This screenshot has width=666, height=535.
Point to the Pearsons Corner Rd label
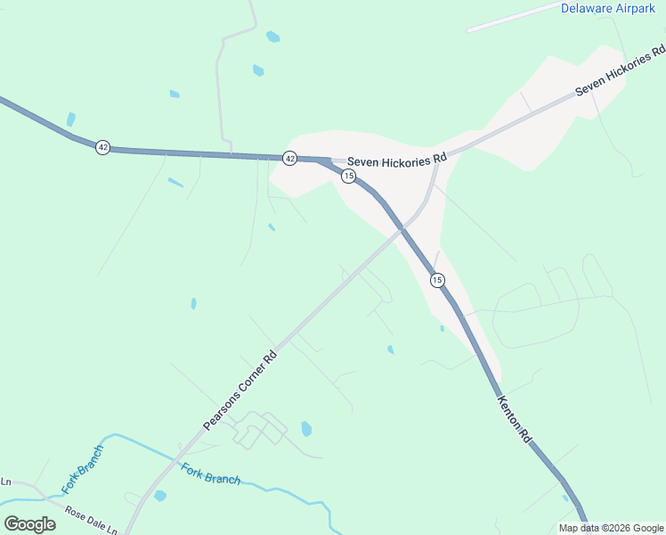(240, 391)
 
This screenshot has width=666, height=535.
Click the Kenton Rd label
(514, 420)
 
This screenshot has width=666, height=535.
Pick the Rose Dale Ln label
(91, 520)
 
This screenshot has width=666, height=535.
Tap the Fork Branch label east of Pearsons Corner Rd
(211, 473)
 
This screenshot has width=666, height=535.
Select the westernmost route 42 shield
(103, 147)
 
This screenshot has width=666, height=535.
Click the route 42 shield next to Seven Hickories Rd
(289, 158)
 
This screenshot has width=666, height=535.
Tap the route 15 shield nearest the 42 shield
(348, 177)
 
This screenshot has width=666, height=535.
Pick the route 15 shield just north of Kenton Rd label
(436, 280)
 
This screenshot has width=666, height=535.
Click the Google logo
(29, 523)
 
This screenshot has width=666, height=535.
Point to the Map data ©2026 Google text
(611, 528)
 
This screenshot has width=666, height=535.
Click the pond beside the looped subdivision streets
(306, 429)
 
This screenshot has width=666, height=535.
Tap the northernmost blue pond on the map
(272, 37)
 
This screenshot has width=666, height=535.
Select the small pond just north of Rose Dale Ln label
(159, 496)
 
